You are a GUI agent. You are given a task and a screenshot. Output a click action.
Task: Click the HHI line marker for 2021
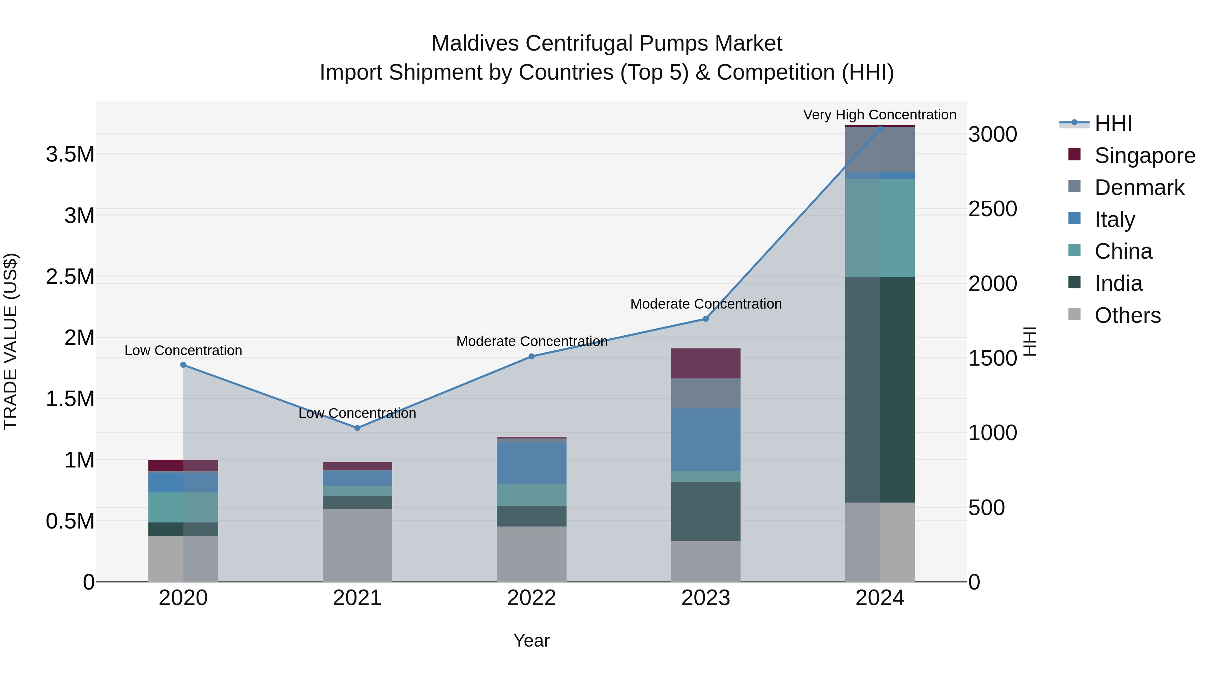tap(357, 428)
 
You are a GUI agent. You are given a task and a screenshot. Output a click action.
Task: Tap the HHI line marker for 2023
tap(705, 319)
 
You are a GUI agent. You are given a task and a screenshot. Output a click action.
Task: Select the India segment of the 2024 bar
tap(880, 390)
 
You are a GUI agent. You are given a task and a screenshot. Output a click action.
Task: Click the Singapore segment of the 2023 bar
tap(705, 363)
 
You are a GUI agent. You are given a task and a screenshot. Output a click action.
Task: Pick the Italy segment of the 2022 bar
tap(531, 464)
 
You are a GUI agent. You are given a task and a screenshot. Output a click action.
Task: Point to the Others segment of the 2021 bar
tap(357, 545)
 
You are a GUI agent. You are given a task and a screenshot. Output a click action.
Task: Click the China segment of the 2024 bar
tap(880, 228)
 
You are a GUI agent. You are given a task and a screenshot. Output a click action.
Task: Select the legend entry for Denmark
tap(1139, 188)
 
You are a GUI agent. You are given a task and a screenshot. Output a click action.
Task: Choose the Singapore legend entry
tap(1144, 155)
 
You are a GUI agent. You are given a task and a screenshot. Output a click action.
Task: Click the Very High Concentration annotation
tap(879, 115)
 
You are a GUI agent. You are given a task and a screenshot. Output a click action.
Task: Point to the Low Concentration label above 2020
tap(183, 351)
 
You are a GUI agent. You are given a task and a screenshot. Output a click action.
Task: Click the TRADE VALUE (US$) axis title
tap(10, 341)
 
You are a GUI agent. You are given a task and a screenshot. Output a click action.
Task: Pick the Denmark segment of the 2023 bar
tap(705, 394)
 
